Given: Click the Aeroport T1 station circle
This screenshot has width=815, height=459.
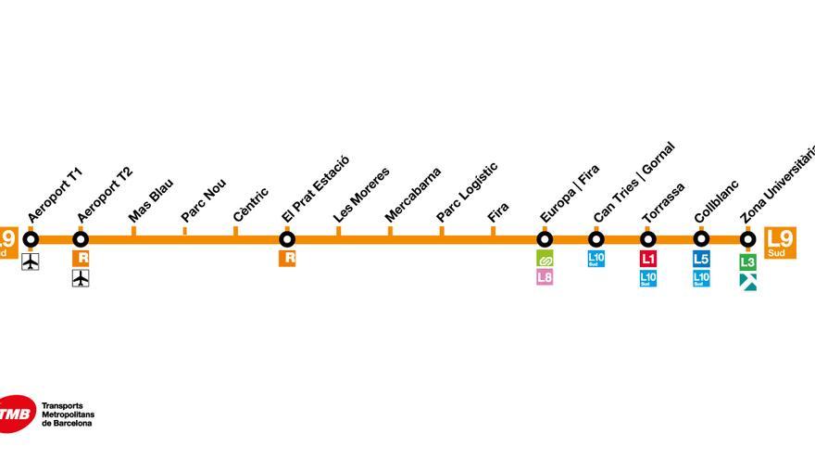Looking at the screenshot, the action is tap(31, 239).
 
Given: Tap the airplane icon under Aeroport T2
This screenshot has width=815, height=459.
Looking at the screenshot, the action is tap(81, 278).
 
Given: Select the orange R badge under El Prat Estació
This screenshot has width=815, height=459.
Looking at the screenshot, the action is tap(287, 258).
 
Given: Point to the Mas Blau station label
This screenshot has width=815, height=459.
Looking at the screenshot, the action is tap(151, 200).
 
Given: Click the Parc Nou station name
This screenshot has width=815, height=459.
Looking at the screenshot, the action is tap(203, 201).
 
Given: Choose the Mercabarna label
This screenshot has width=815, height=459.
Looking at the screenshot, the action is tap(413, 195).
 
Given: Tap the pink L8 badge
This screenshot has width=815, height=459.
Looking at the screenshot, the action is tap(545, 277).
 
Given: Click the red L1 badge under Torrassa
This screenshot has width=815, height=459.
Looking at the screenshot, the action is tap(648, 259).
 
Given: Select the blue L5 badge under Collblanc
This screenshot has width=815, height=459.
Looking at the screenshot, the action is tap(701, 259).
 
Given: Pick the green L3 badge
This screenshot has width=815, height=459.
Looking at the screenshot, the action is tap(748, 261).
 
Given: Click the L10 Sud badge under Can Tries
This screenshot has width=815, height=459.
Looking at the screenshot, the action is tap(596, 259).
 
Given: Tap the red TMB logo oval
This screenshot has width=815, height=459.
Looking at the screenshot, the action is tap(17, 414).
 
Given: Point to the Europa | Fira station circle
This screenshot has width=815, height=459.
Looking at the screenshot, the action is tap(545, 239).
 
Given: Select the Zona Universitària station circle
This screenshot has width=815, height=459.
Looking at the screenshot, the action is tap(748, 239).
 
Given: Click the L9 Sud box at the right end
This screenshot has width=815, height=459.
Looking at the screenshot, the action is tap(780, 243).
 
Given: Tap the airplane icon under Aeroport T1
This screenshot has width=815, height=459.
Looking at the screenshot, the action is tap(31, 261).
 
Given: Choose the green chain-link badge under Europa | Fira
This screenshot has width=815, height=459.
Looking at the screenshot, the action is tap(545, 258).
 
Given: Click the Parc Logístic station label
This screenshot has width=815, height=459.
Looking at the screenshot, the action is tap(468, 192).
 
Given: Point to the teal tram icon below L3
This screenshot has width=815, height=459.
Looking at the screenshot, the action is tap(748, 282).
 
